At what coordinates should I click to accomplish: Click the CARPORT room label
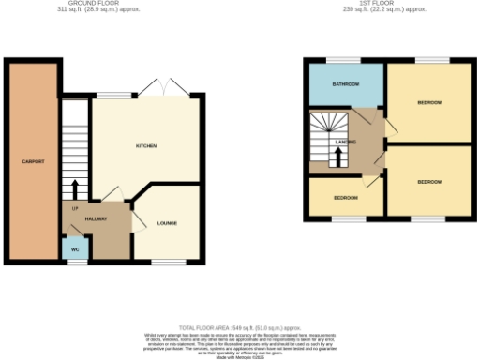tap(33, 161)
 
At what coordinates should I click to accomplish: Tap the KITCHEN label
tap(145, 146)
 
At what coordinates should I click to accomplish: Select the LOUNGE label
tap(168, 223)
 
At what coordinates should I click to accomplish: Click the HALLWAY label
tap(96, 218)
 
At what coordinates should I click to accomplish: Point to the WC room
tap(74, 250)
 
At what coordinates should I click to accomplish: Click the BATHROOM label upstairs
tap(346, 84)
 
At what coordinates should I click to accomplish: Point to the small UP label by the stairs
tap(73, 207)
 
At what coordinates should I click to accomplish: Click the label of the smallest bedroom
tap(345, 198)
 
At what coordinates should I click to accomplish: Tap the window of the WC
tap(75, 262)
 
